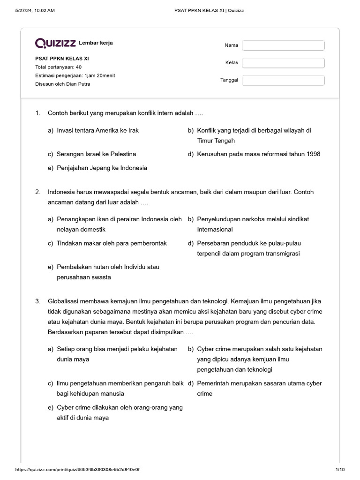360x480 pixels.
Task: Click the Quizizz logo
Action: click(x=55, y=44)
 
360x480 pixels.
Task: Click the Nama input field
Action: click(x=283, y=45)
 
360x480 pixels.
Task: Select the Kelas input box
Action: click(x=283, y=63)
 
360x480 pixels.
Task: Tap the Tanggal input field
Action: click(x=283, y=80)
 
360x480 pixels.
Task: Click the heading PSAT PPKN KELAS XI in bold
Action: click(x=62, y=59)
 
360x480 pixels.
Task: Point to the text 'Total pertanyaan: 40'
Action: click(x=58, y=67)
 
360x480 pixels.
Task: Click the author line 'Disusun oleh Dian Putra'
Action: click(x=63, y=84)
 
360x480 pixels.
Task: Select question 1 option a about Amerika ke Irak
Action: click(x=97, y=130)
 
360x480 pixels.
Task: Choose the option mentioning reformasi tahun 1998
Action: click(x=258, y=154)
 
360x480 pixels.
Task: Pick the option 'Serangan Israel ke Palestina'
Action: click(x=96, y=154)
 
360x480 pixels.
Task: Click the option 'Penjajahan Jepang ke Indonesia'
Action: click(x=102, y=168)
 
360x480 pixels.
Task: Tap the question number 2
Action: click(x=37, y=192)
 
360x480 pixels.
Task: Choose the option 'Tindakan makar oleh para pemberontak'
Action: click(x=112, y=243)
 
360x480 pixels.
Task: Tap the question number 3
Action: click(x=37, y=301)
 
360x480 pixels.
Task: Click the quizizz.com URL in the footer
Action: click(x=77, y=470)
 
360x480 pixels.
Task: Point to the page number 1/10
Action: click(x=340, y=470)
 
